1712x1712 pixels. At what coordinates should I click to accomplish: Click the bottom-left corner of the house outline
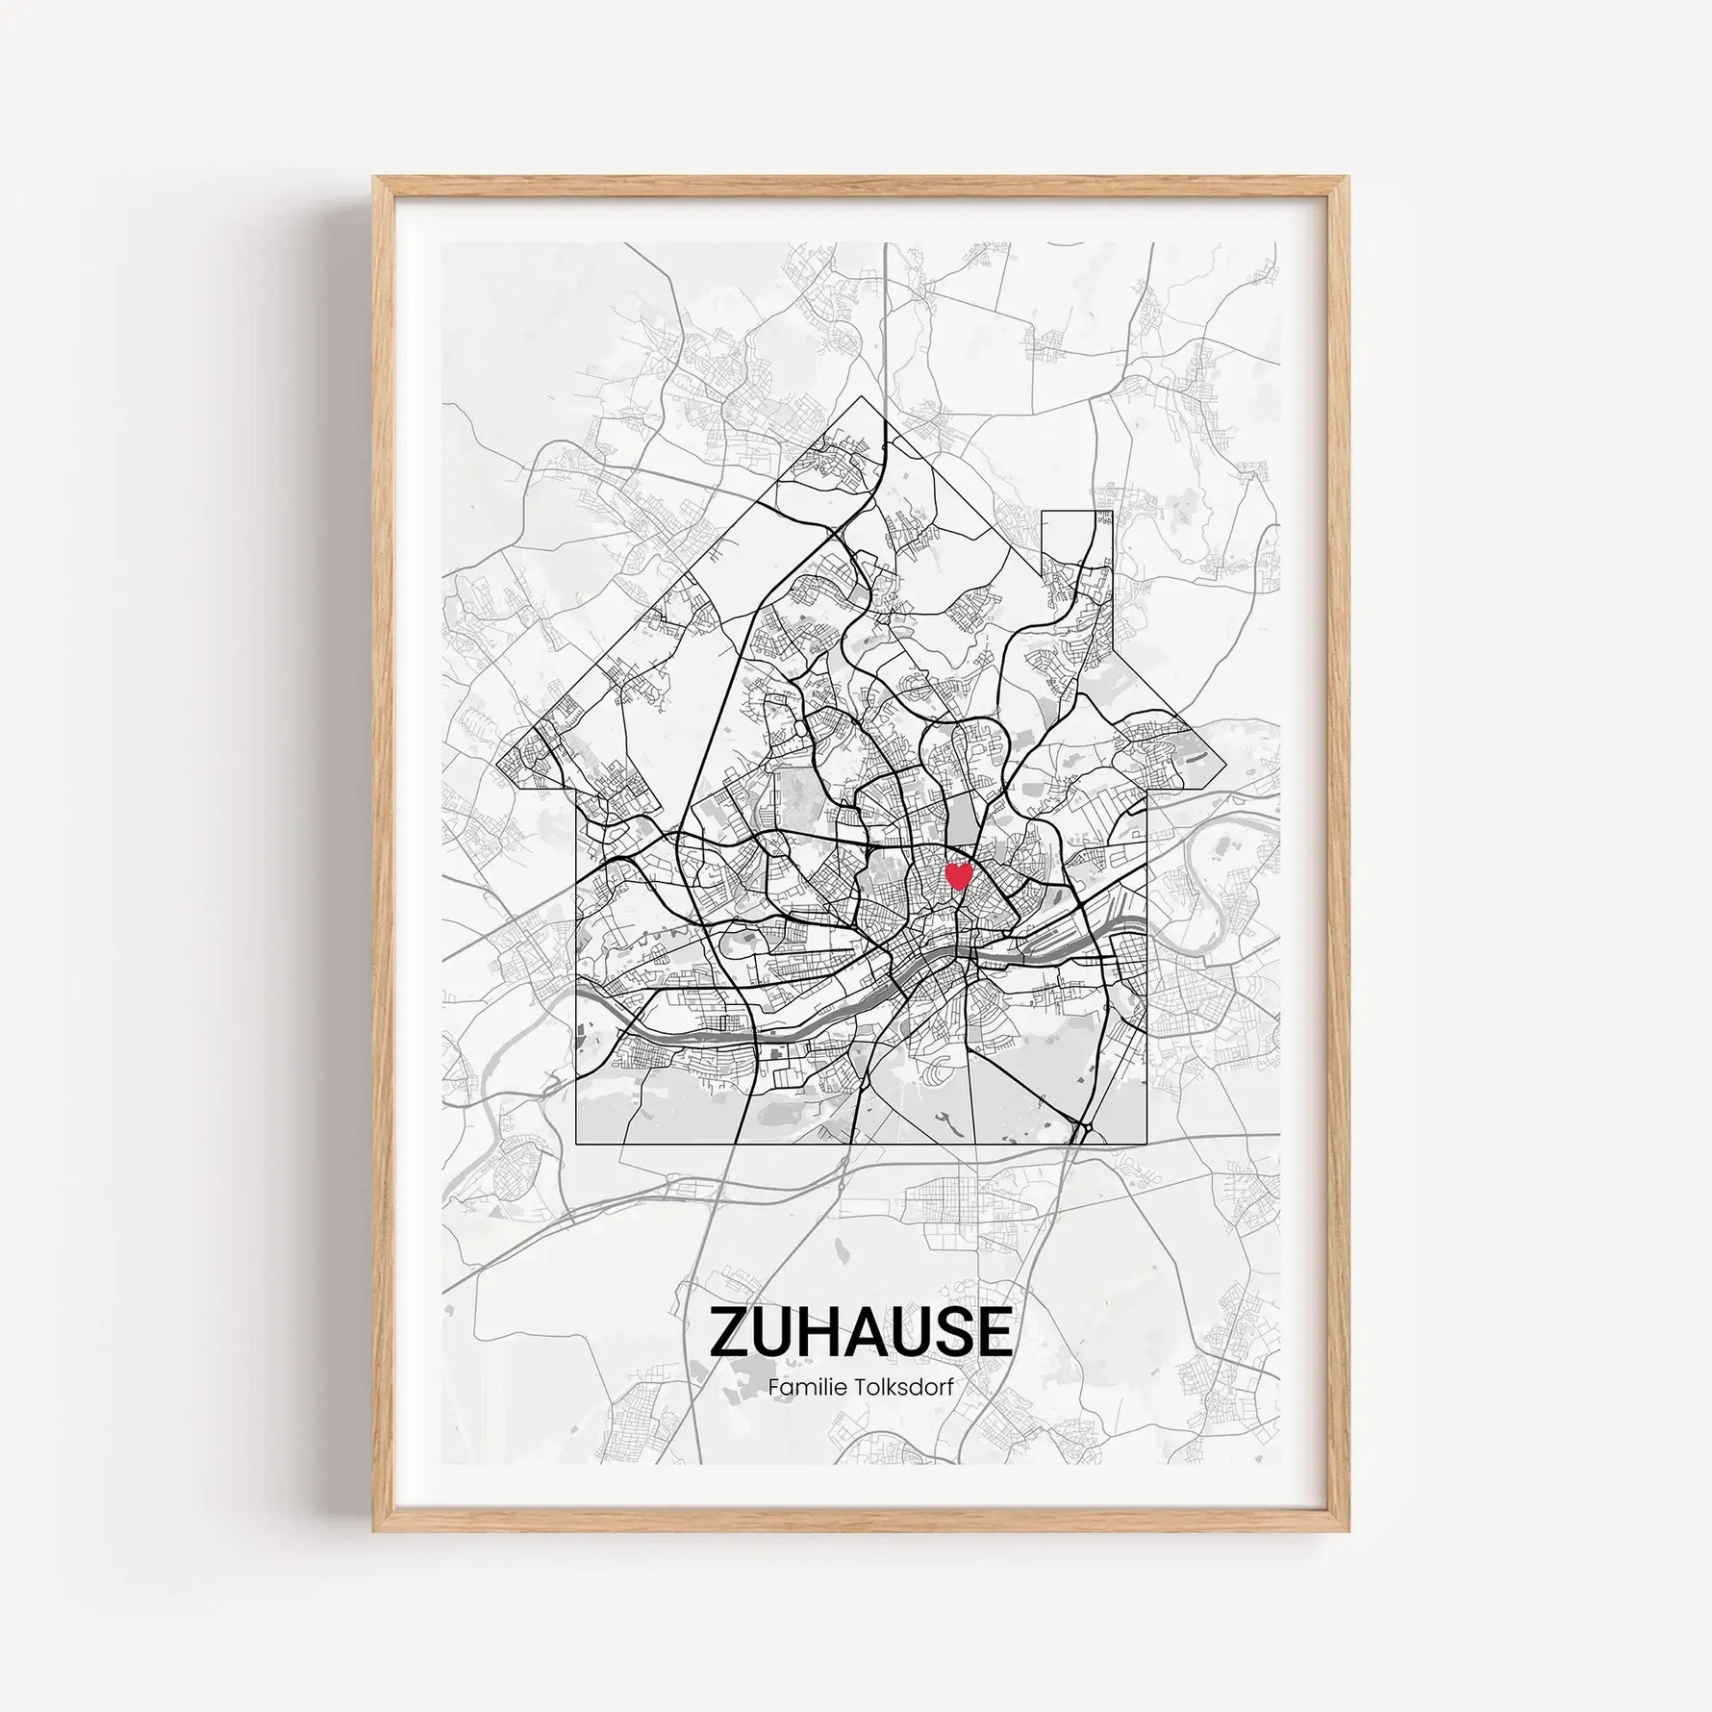point(575,1144)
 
